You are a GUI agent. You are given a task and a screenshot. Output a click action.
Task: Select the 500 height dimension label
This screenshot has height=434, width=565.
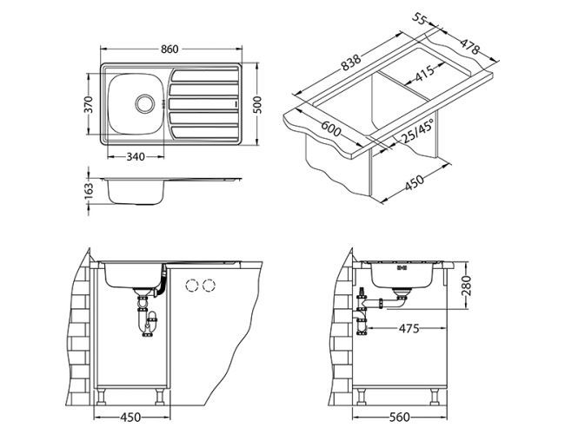[258, 103]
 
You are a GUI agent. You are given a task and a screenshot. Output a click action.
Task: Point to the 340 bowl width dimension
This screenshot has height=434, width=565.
[134, 156]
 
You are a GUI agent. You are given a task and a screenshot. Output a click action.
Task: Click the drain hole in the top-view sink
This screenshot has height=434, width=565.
[141, 102]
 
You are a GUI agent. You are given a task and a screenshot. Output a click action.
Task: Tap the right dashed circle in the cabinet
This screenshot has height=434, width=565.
[209, 285]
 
